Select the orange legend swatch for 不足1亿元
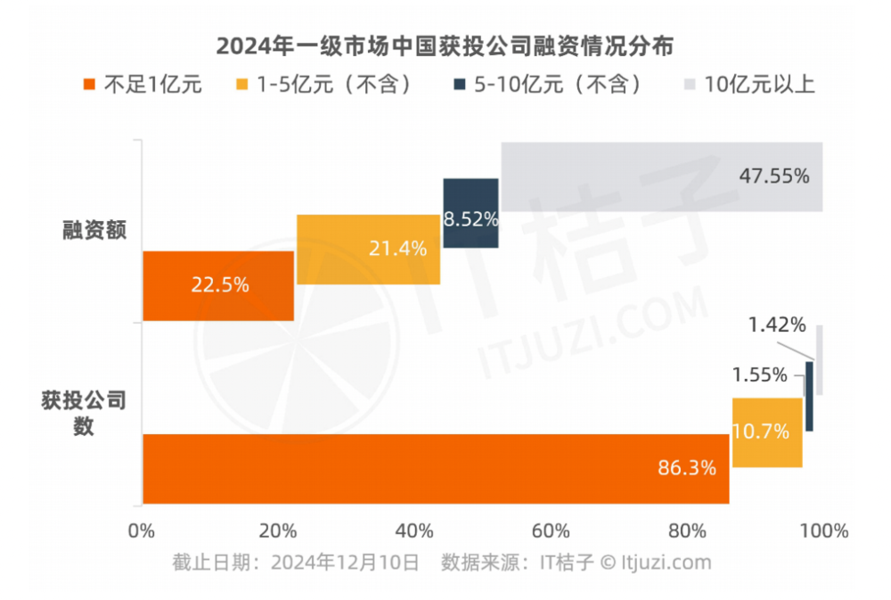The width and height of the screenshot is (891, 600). pyautogui.click(x=88, y=85)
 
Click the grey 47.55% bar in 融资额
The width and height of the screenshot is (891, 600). pyautogui.click(x=661, y=177)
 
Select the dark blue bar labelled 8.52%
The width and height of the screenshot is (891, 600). pyautogui.click(x=470, y=214)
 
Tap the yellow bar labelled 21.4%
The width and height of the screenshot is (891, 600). pyautogui.click(x=368, y=250)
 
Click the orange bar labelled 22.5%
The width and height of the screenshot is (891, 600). pyautogui.click(x=218, y=285)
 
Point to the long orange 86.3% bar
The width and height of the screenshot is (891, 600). pyautogui.click(x=436, y=469)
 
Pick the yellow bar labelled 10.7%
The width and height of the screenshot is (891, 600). pyautogui.click(x=766, y=432)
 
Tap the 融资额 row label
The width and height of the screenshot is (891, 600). pyautogui.click(x=95, y=231)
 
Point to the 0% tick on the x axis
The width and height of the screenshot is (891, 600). pyautogui.click(x=143, y=531)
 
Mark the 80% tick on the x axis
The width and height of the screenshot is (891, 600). pyautogui.click(x=686, y=531)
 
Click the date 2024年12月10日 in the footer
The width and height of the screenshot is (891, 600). pyautogui.click(x=345, y=563)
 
